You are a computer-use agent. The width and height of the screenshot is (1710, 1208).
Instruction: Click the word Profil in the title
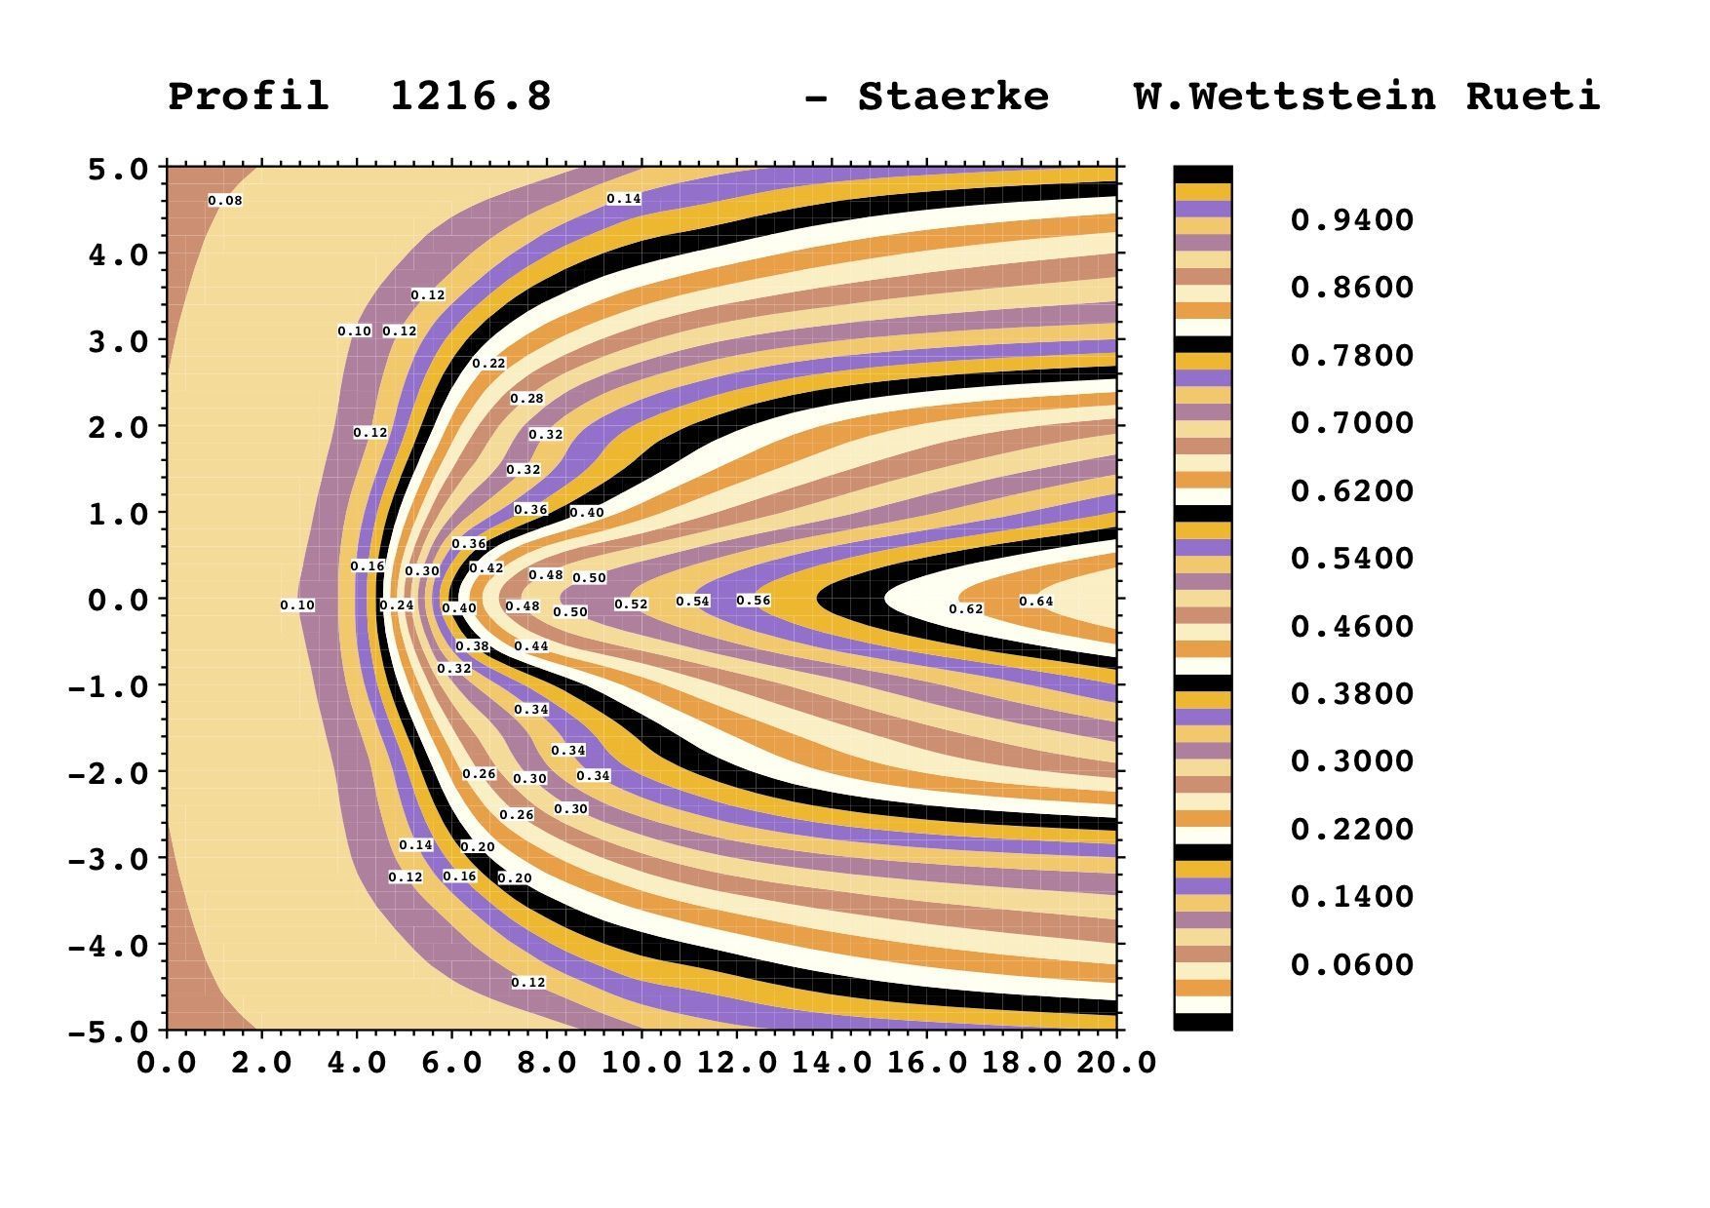pos(249,97)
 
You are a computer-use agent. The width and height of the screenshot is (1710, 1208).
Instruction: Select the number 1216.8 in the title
pos(471,97)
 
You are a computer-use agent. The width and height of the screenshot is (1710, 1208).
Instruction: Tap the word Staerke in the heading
pos(952,97)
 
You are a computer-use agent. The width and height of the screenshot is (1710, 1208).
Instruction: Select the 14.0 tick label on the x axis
pos(831,1062)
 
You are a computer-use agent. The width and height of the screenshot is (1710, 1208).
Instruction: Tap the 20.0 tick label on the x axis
pos(1116,1062)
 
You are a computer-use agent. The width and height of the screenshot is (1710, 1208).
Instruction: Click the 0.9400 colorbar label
pos(1351,220)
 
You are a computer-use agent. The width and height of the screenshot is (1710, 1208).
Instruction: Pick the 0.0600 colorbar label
pos(1351,965)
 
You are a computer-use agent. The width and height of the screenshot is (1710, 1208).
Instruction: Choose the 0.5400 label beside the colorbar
pos(1351,559)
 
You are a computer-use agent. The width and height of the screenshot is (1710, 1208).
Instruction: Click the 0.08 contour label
pos(225,201)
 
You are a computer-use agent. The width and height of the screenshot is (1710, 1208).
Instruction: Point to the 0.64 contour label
pos(1036,602)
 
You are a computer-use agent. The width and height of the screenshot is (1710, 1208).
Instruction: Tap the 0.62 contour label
pos(966,609)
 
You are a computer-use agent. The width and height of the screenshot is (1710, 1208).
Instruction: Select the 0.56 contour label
pos(754,601)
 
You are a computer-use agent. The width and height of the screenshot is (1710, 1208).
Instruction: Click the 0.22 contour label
pos(489,364)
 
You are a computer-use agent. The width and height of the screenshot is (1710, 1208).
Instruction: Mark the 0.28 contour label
pos(527,399)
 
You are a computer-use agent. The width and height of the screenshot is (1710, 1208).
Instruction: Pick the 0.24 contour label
pos(397,605)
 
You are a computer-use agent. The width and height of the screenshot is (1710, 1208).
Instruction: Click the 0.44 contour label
pos(531,646)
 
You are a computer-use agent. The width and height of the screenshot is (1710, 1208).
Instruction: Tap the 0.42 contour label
pos(486,568)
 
